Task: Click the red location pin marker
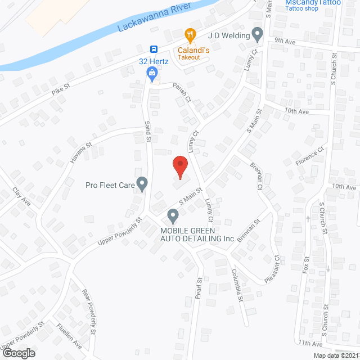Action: (179, 166)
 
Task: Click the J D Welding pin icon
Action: (257, 34)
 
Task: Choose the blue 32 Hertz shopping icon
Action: (152, 73)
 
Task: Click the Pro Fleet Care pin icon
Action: (142, 183)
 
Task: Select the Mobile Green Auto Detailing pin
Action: (173, 215)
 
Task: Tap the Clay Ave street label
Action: (20, 197)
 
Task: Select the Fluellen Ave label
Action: (69, 334)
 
